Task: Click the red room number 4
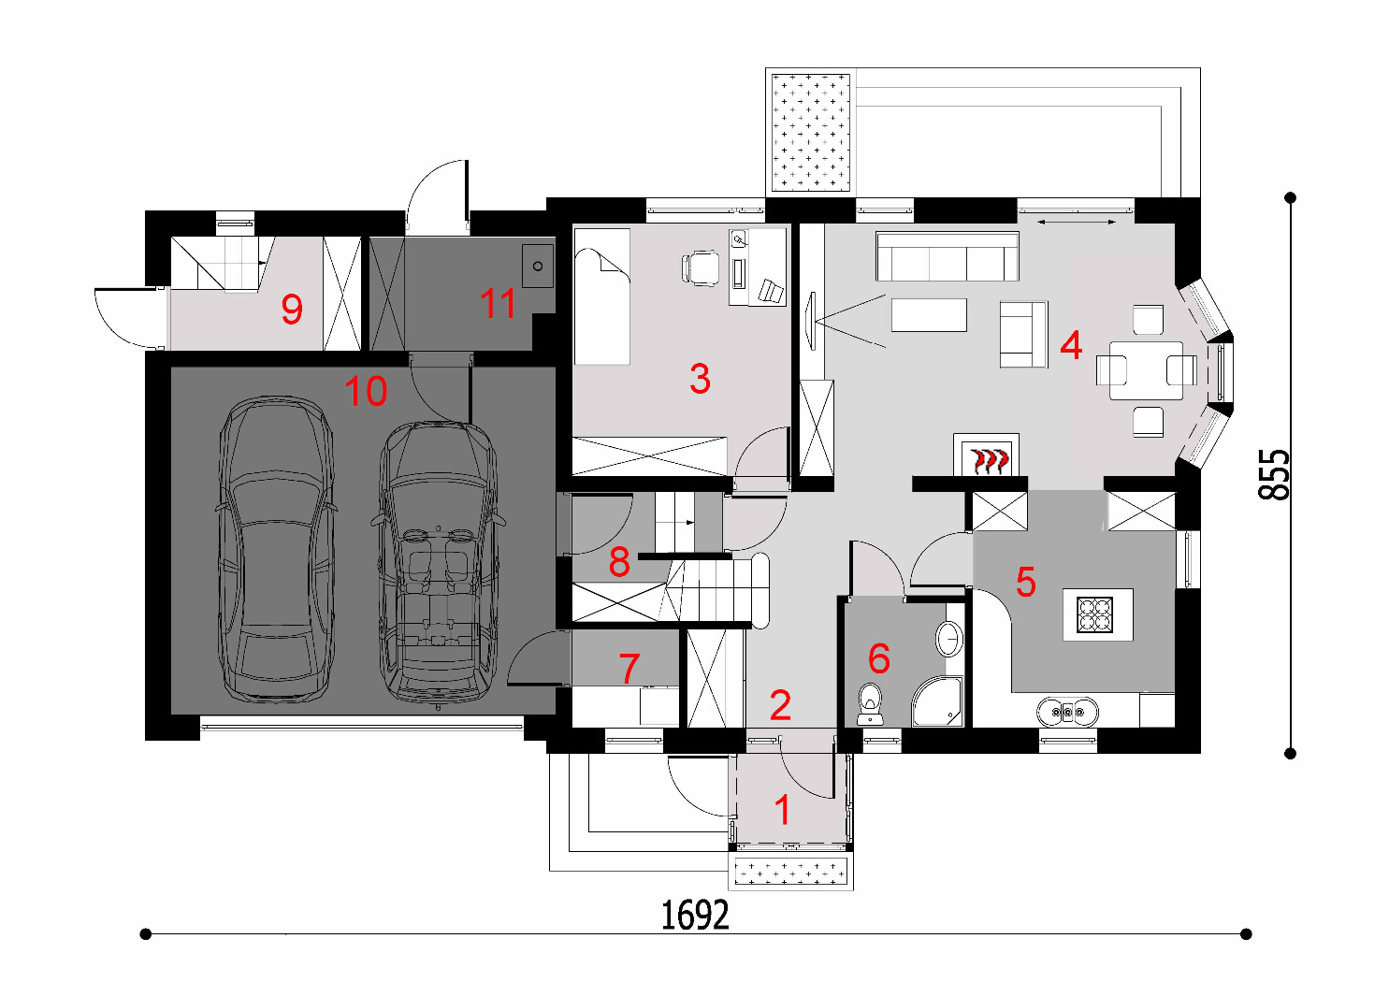(x=1071, y=346)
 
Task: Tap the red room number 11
(x=498, y=304)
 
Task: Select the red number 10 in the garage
(x=366, y=391)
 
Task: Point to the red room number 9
(x=292, y=310)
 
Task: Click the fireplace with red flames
(x=986, y=455)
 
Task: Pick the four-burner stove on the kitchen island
(x=1094, y=614)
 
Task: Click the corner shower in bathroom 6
(x=937, y=701)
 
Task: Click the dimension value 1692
(x=695, y=916)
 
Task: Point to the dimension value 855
(x=1274, y=475)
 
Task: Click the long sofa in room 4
(x=947, y=256)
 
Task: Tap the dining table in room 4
(x=1146, y=370)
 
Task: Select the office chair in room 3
(x=701, y=267)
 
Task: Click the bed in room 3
(x=601, y=296)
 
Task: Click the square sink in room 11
(x=538, y=266)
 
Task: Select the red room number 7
(x=629, y=669)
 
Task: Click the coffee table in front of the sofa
(x=929, y=315)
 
